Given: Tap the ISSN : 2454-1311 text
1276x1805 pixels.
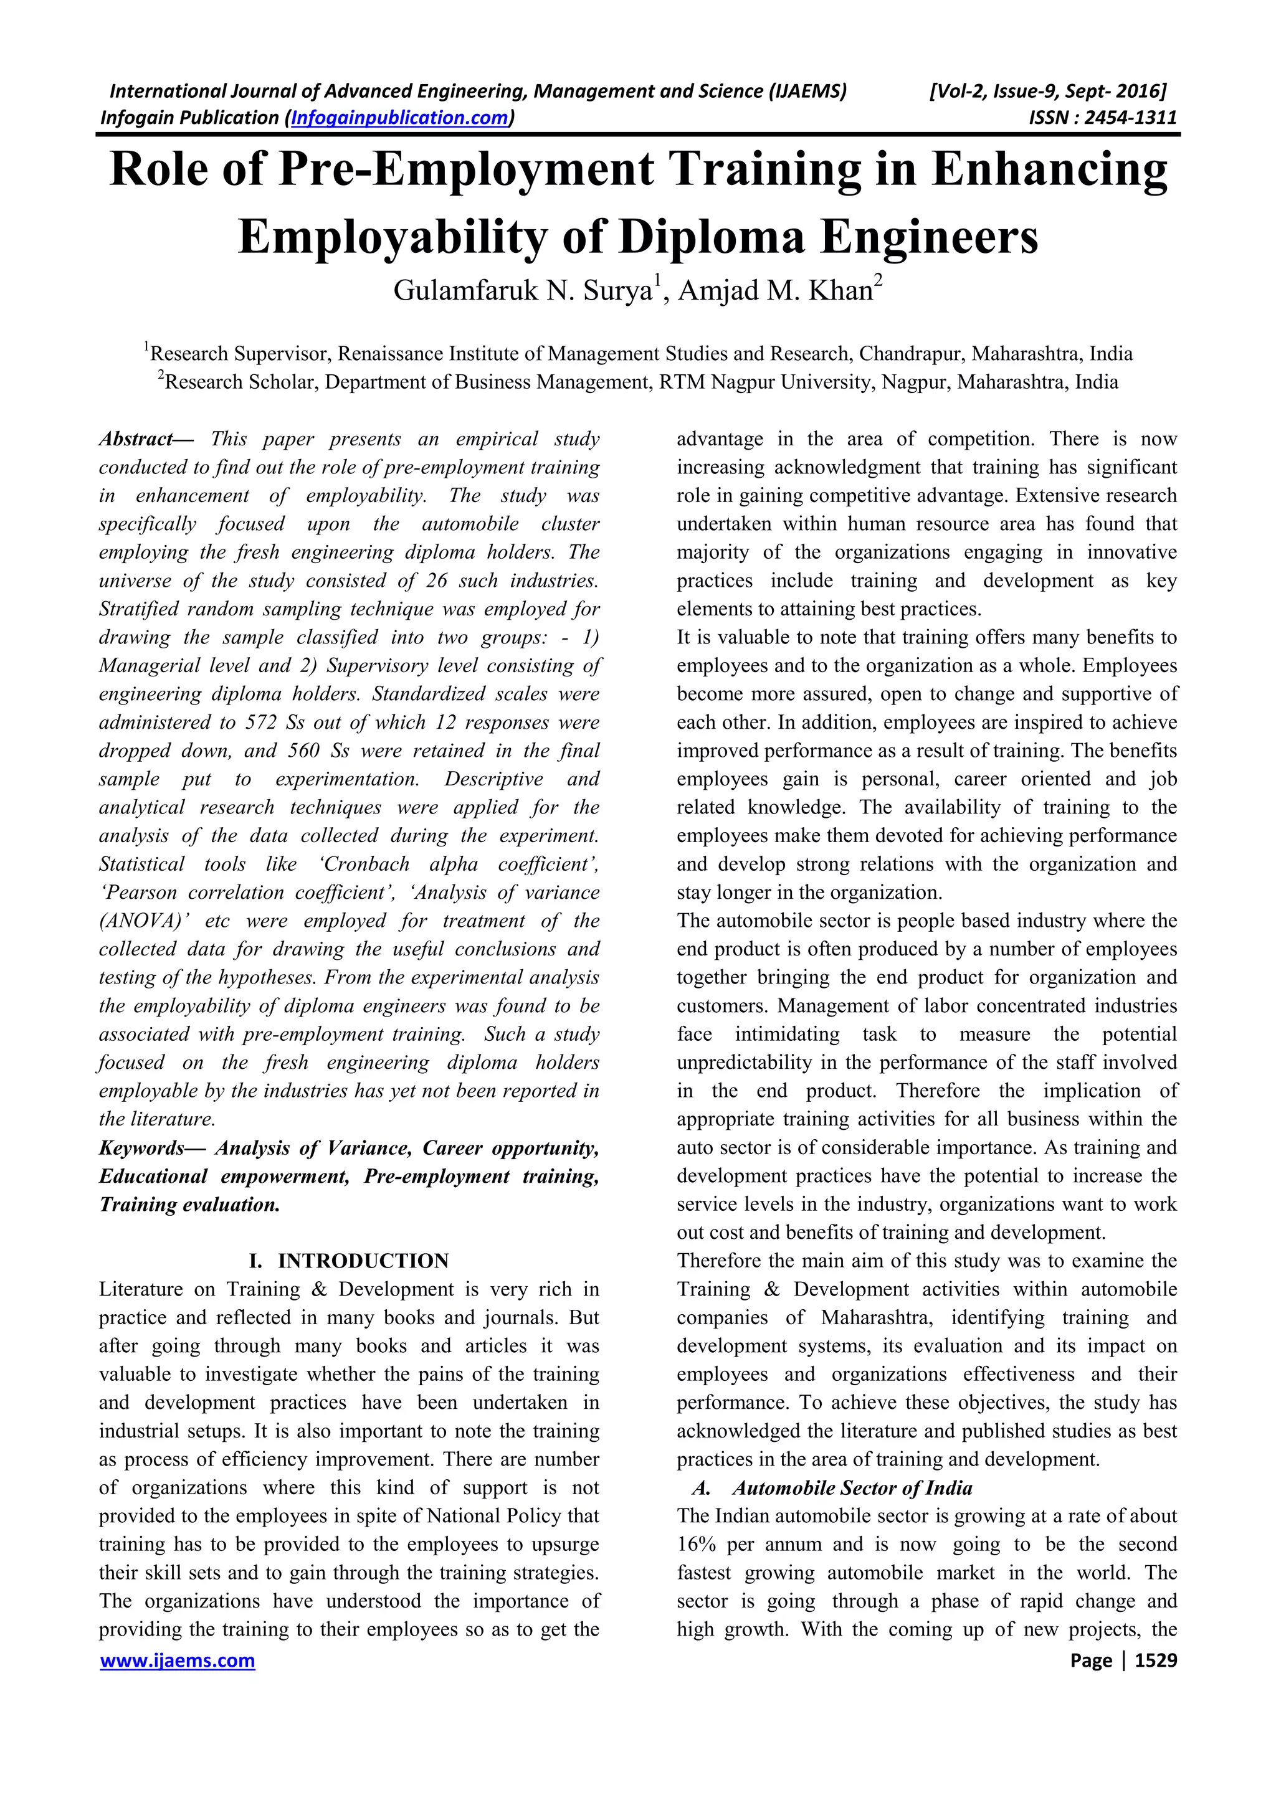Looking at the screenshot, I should pos(1102,118).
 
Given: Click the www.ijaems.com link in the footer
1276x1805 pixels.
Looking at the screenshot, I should pos(177,1661).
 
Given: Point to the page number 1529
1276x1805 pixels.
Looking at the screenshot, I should pos(1156,1661).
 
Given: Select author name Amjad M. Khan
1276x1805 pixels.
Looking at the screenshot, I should pos(780,291).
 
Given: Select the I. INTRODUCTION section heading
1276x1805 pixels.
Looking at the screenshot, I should pos(348,1261).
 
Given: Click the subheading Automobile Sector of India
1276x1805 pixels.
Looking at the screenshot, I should pos(852,1488).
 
